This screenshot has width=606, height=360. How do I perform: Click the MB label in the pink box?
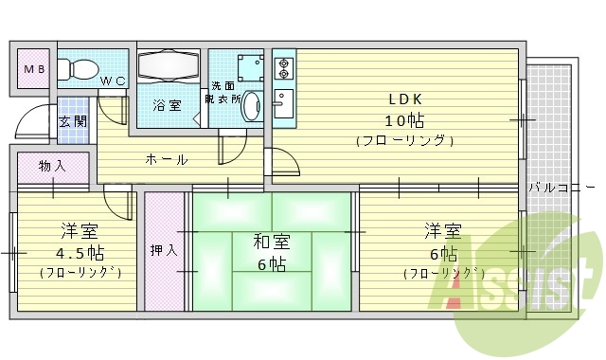33,69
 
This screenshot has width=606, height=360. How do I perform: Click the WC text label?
114,81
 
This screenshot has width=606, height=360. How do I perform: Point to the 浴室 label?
168,105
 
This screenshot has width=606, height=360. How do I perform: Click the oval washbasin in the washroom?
252,106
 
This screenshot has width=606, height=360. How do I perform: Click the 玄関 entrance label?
72,121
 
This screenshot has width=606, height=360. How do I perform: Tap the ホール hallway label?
167,159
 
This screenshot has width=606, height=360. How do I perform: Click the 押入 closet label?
164,250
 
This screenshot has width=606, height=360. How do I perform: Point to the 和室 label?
271,242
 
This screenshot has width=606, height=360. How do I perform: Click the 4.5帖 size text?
80,253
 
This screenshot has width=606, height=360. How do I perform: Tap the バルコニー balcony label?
562,187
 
